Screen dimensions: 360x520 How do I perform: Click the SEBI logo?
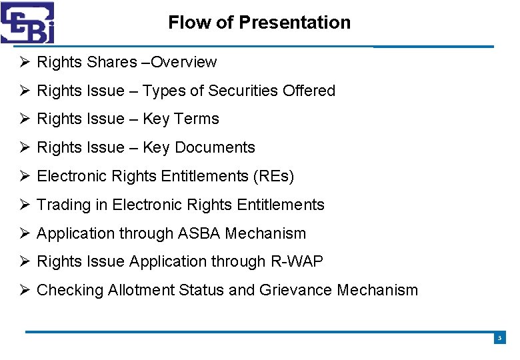point(27,22)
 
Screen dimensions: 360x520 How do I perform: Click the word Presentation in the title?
point(295,23)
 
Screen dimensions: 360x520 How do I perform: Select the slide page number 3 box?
point(499,339)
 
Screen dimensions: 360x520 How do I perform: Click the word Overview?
point(184,62)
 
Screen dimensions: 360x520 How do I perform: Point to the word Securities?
point(245,91)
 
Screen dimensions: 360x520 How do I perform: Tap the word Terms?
point(197,119)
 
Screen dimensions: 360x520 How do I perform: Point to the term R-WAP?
point(297,262)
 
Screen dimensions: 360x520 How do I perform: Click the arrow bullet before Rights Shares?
point(25,62)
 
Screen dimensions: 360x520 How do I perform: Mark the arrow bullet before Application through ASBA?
point(25,233)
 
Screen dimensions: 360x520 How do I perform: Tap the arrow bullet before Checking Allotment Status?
point(25,290)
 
